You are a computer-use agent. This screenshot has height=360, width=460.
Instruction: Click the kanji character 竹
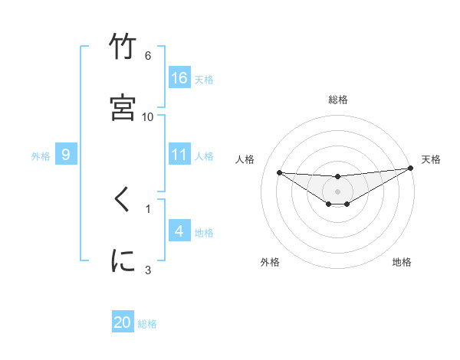123,47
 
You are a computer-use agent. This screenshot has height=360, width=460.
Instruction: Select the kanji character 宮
123,107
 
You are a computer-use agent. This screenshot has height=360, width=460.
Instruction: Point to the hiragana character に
123,260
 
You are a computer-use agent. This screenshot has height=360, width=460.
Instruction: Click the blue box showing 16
179,77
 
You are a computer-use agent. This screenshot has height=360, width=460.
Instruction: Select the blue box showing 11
179,155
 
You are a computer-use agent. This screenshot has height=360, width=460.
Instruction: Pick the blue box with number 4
179,231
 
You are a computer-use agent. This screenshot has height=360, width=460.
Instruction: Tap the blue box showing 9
66,155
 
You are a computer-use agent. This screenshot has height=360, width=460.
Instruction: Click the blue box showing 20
123,322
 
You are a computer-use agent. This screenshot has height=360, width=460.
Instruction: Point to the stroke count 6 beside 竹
148,56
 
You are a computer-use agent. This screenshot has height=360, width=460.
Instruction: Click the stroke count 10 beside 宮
148,116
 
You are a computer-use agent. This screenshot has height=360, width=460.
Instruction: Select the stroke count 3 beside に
148,270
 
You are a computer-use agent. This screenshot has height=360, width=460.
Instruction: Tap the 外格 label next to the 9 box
41,156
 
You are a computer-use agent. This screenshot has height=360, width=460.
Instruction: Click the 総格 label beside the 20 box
147,324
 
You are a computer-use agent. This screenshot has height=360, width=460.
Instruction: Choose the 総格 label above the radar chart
338,100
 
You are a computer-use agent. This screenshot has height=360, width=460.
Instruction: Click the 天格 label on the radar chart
431,159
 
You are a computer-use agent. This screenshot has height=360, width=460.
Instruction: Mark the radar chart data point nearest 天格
411,169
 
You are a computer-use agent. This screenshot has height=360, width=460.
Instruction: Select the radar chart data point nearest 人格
279,172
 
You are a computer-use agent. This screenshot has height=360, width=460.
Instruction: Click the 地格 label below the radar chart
402,262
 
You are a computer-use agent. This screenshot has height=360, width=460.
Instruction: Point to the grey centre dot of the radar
338,191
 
